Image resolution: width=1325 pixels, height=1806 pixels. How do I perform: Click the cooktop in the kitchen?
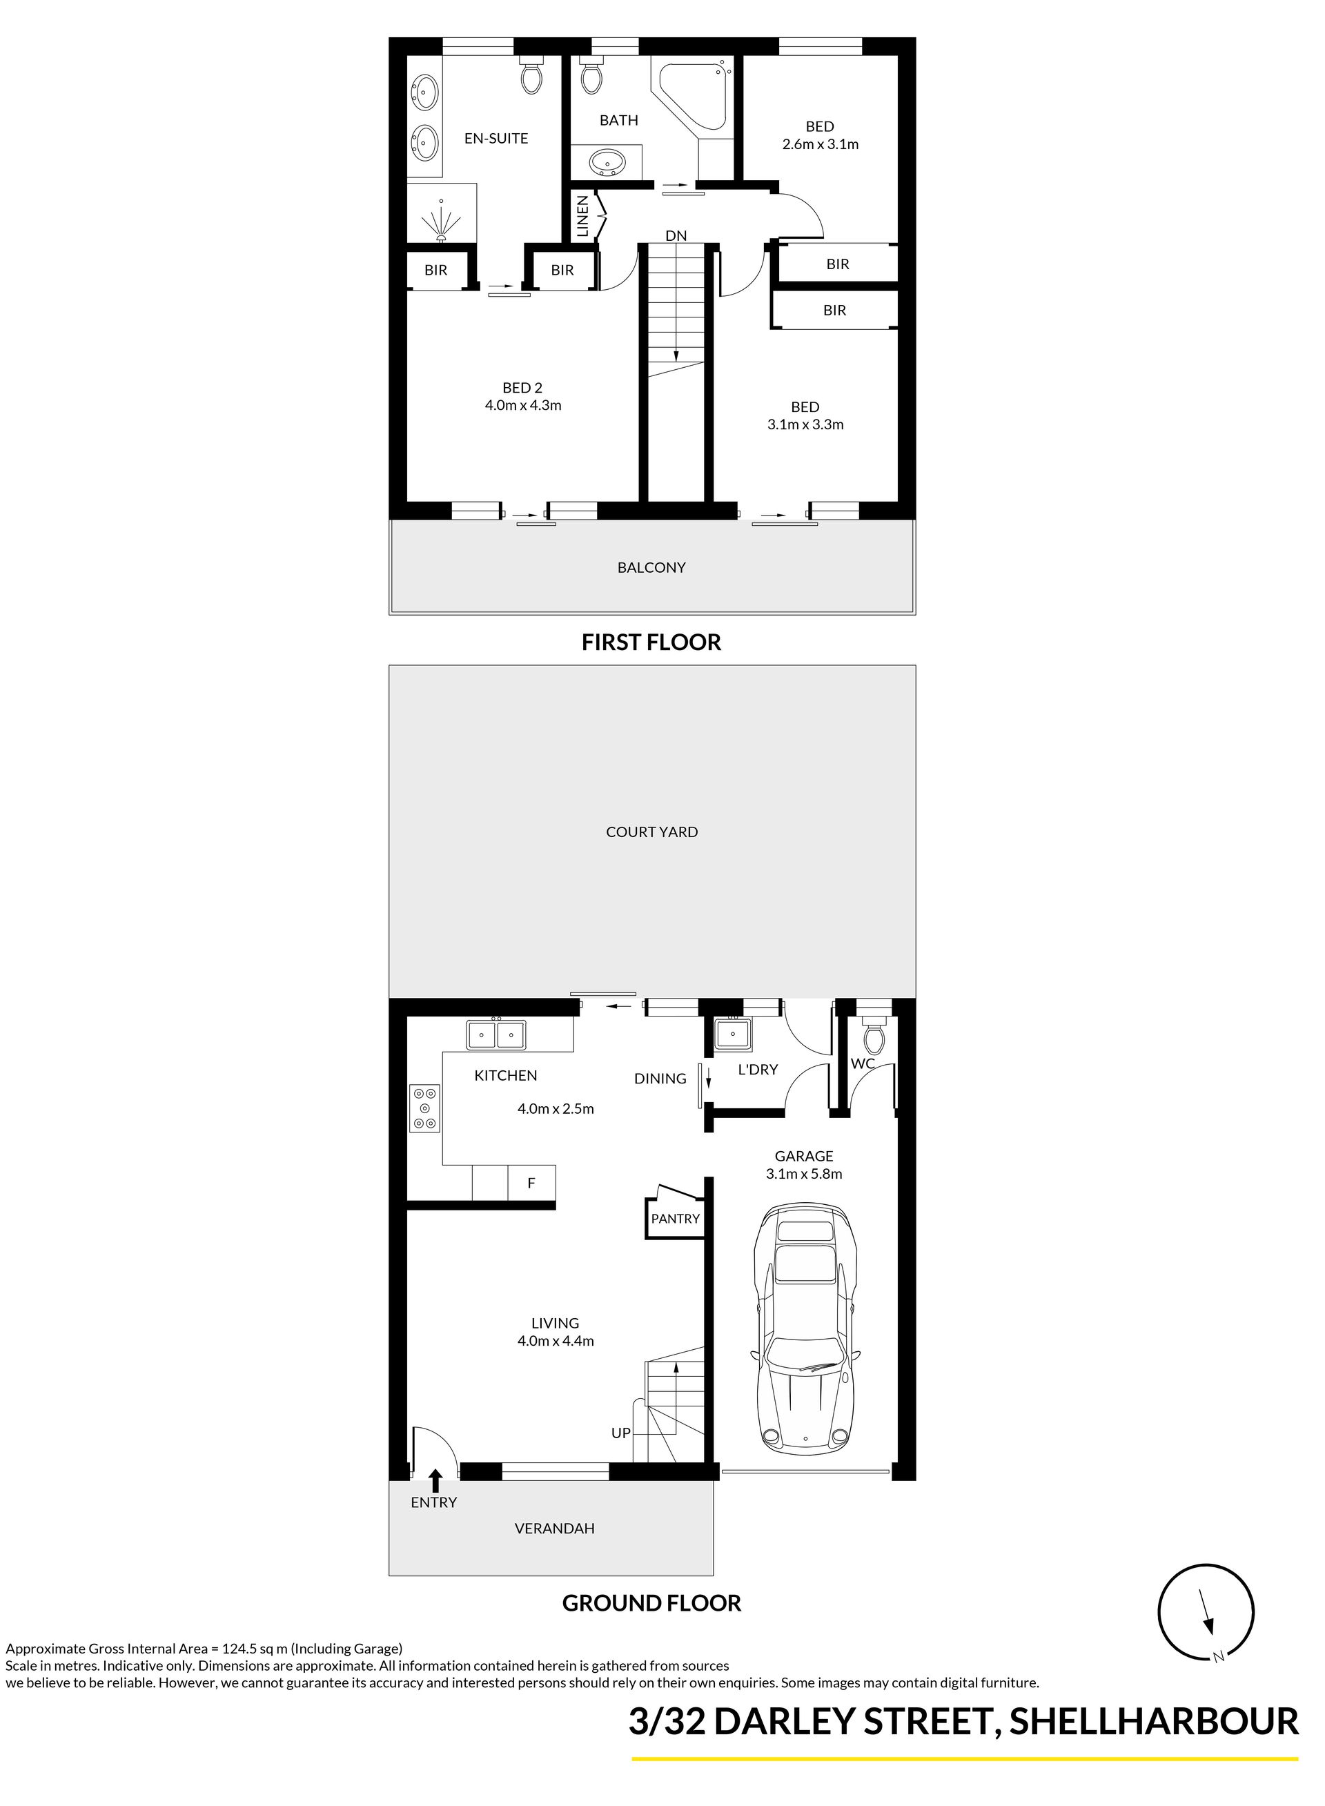(425, 1108)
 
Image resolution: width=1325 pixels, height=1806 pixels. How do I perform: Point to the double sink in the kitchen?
(496, 1034)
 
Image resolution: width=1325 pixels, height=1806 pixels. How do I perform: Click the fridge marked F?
(531, 1182)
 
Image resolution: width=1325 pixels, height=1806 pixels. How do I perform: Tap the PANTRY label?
(676, 1218)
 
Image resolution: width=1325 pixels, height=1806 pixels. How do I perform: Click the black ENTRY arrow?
(435, 1480)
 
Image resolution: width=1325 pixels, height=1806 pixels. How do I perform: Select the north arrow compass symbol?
(1206, 1613)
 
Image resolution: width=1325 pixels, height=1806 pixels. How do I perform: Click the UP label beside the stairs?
(621, 1432)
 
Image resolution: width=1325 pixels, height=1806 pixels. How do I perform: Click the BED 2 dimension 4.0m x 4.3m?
(523, 405)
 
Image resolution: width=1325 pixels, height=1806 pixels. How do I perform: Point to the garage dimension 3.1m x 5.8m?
(804, 1173)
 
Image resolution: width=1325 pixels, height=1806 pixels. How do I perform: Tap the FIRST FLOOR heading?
(651, 642)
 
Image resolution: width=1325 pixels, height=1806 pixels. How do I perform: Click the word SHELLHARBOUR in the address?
(1153, 1722)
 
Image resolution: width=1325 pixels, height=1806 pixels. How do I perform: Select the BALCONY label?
(651, 567)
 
